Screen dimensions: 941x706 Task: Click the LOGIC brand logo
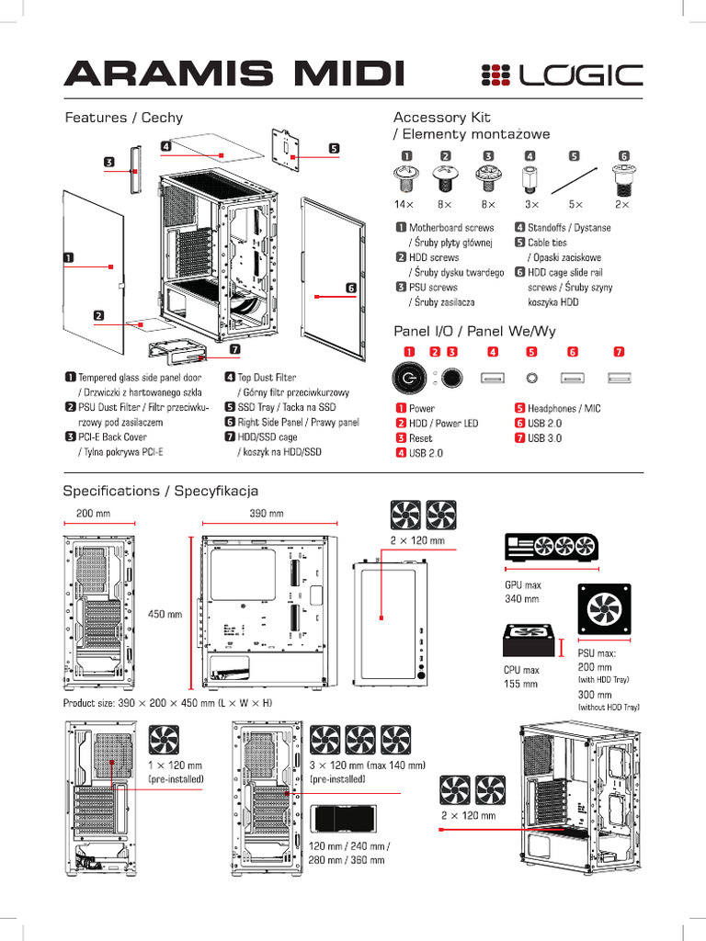click(x=562, y=74)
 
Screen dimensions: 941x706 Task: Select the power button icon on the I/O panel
click(x=408, y=378)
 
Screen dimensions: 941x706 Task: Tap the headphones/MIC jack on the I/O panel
click(x=531, y=377)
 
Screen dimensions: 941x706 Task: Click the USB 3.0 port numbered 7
click(x=619, y=377)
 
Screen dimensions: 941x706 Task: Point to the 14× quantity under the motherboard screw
click(x=404, y=203)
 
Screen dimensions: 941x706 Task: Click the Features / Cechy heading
click(x=123, y=118)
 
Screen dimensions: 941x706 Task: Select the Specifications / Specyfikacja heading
click(x=160, y=491)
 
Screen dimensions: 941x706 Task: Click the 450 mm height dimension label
click(x=165, y=614)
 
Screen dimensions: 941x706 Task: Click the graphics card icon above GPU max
click(x=550, y=548)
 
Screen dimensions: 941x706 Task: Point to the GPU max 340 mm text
click(x=522, y=592)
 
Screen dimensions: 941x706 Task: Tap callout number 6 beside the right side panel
click(x=350, y=288)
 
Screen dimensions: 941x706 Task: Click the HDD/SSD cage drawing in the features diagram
click(x=180, y=352)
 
